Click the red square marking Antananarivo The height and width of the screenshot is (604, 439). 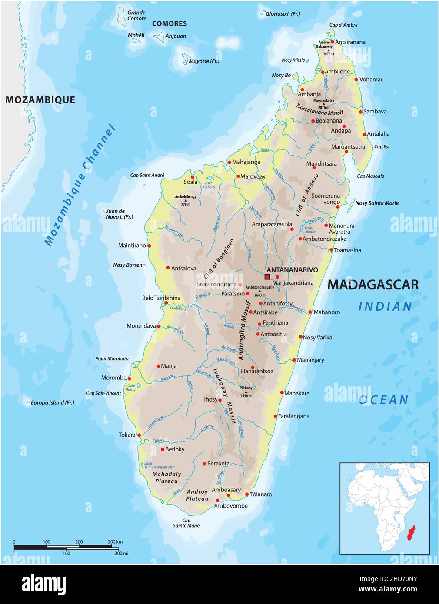(x=267, y=277)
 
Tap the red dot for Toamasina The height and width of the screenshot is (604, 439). (x=331, y=250)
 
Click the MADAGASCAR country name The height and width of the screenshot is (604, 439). (x=372, y=285)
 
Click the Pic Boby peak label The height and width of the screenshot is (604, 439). (x=246, y=388)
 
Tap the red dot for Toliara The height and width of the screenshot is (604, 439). (x=139, y=435)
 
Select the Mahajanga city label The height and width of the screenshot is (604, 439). (x=246, y=162)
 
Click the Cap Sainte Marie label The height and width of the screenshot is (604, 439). (x=186, y=523)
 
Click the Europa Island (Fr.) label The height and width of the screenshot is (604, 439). (x=52, y=403)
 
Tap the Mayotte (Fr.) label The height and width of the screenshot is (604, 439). (x=204, y=61)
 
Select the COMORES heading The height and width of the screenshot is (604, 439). (x=169, y=23)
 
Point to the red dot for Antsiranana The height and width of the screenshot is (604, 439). (x=333, y=42)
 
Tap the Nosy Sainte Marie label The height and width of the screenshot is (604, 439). (x=376, y=203)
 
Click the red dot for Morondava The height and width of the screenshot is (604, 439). (x=159, y=326)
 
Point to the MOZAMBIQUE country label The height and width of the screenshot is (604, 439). (x=40, y=100)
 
